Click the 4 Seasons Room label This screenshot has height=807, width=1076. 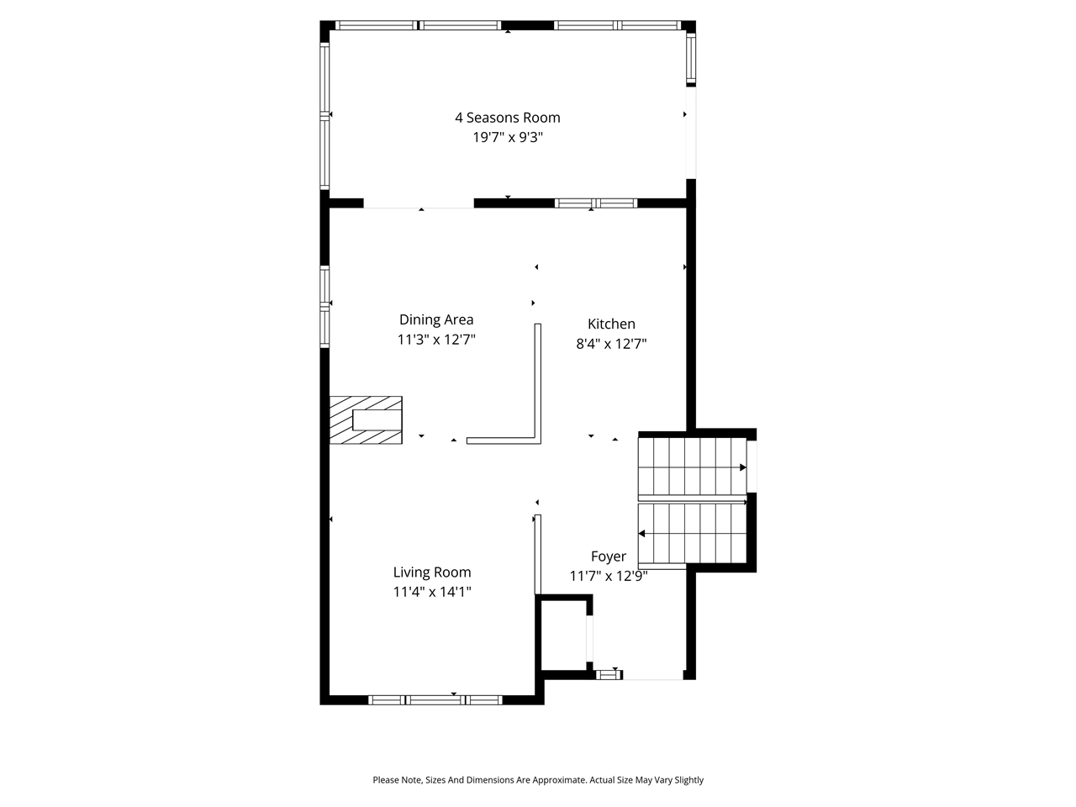coord(508,118)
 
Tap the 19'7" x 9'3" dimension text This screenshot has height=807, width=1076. coord(508,138)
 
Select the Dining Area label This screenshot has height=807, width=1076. coord(436,319)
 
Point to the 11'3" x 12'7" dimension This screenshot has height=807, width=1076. coord(436,340)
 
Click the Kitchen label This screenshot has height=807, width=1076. coord(611,324)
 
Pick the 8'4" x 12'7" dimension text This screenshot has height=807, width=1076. coord(611,344)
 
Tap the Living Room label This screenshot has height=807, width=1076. coord(432,572)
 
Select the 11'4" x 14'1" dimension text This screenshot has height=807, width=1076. coord(432,592)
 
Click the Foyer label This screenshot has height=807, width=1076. coord(608,556)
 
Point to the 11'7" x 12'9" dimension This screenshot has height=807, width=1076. coord(608,576)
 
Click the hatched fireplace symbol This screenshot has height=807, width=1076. coord(366,420)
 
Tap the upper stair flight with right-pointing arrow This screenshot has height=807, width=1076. coord(692,467)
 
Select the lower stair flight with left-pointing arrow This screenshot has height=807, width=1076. coord(692,534)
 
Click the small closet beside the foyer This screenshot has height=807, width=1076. coord(563,635)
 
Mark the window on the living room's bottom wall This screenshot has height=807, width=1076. coord(435,699)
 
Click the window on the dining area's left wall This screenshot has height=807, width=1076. coord(324,307)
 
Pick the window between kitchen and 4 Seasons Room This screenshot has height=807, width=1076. coord(596,203)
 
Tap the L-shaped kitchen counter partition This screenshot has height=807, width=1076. coord(536,395)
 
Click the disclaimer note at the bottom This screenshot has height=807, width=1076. coord(538,780)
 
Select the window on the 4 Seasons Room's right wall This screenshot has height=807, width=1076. coord(691,57)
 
